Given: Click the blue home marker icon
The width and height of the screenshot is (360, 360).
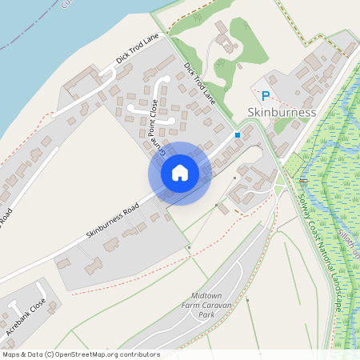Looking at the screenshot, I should (x=180, y=173).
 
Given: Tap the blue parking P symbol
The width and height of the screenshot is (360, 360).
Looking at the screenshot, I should (x=266, y=95).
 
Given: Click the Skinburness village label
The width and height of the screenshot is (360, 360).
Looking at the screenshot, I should (x=282, y=112).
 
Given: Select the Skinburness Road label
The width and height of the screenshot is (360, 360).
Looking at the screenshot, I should (x=112, y=222).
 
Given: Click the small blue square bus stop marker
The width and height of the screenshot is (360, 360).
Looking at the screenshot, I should (x=238, y=135).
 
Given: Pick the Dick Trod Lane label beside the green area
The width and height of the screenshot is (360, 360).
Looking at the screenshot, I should (x=200, y=84).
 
